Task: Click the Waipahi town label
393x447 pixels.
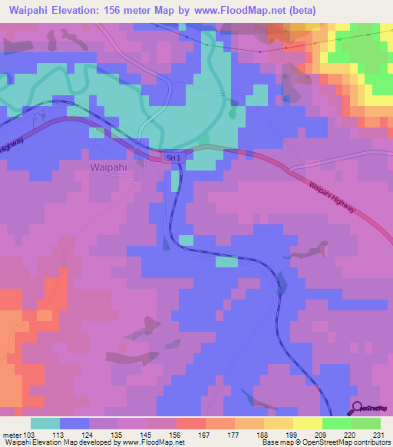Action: click(107, 166)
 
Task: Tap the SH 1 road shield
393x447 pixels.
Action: click(174, 158)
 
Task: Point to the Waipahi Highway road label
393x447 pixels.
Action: click(333, 202)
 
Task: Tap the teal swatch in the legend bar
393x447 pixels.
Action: click(45, 423)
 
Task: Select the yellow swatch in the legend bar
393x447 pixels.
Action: click(308, 423)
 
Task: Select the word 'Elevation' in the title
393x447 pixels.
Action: click(73, 10)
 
